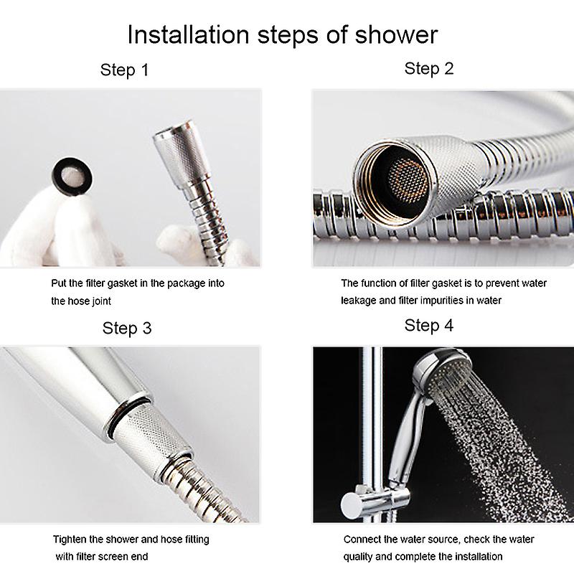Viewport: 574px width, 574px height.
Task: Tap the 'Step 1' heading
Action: [124, 70]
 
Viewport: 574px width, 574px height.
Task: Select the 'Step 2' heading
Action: [429, 68]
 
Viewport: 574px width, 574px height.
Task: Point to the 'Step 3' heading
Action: [127, 328]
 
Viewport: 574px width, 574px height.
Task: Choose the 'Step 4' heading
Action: [429, 326]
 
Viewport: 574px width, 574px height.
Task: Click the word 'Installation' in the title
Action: [188, 34]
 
